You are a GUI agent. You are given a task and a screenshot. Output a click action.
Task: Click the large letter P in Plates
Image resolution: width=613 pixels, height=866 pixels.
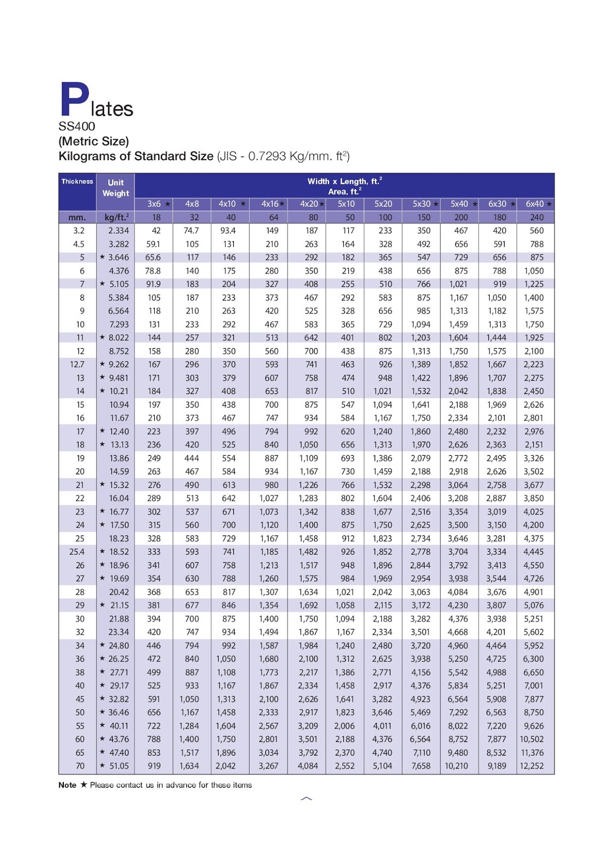(x=74, y=100)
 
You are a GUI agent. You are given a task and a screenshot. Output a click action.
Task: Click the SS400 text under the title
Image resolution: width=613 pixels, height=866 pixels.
(x=77, y=127)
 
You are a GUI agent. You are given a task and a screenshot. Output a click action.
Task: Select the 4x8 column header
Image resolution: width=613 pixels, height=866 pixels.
(x=192, y=204)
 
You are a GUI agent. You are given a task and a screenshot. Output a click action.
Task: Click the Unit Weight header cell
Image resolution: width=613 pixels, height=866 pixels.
(x=115, y=188)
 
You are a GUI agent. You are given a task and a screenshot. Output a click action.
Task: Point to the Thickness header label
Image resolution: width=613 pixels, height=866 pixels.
(x=77, y=181)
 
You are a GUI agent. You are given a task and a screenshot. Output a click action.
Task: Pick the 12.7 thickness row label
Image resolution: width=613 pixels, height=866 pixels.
(x=77, y=364)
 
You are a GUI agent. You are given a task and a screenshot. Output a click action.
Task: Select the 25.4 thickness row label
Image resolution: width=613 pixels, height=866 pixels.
(x=77, y=552)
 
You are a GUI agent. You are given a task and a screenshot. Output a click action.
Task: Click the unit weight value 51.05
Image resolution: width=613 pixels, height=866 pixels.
(x=119, y=766)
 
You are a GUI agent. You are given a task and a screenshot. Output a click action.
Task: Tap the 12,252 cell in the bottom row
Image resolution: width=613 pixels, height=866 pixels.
(x=531, y=766)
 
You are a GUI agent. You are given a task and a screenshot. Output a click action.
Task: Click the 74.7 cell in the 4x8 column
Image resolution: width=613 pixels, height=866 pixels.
(x=191, y=231)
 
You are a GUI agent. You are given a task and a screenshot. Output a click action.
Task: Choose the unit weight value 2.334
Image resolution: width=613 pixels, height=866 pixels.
(x=119, y=231)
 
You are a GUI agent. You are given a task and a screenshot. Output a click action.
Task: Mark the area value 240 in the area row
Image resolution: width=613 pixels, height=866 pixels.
(x=536, y=218)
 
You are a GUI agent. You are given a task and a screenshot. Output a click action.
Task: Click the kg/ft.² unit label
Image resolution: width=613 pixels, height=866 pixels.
(x=116, y=218)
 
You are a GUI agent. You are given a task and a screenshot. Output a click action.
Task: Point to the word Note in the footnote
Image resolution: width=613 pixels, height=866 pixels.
(x=67, y=785)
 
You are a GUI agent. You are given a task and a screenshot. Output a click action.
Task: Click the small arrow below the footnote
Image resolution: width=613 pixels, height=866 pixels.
(x=306, y=798)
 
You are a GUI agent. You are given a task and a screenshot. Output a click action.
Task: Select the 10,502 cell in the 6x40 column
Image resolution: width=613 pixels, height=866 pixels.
(x=531, y=739)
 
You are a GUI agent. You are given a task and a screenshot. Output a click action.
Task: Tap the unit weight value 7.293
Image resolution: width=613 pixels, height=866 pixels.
(x=119, y=324)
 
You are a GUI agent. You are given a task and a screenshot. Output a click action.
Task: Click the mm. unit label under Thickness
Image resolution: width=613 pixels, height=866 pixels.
(x=77, y=218)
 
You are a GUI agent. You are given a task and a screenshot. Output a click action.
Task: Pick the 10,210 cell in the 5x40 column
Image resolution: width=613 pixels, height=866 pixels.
(x=457, y=766)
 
